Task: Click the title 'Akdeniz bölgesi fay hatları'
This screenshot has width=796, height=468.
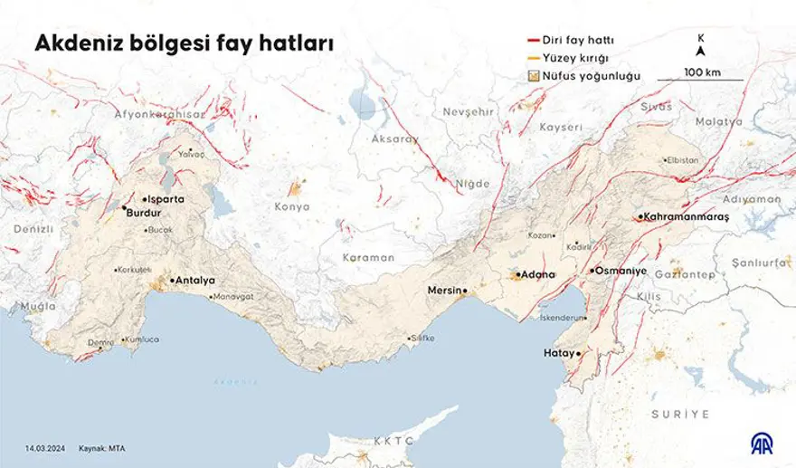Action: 183,43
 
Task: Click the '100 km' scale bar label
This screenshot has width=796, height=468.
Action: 701,72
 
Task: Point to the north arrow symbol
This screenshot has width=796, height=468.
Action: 701,50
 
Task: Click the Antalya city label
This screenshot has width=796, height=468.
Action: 194,281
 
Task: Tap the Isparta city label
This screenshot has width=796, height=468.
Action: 168,198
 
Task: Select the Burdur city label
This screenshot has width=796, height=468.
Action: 143,213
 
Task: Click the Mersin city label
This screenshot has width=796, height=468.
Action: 444,291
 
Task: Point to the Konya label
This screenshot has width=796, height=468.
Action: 291,206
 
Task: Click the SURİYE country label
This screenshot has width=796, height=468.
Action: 680,414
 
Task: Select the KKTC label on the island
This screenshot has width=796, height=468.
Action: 393,441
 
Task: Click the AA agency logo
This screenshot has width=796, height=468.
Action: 760,443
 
